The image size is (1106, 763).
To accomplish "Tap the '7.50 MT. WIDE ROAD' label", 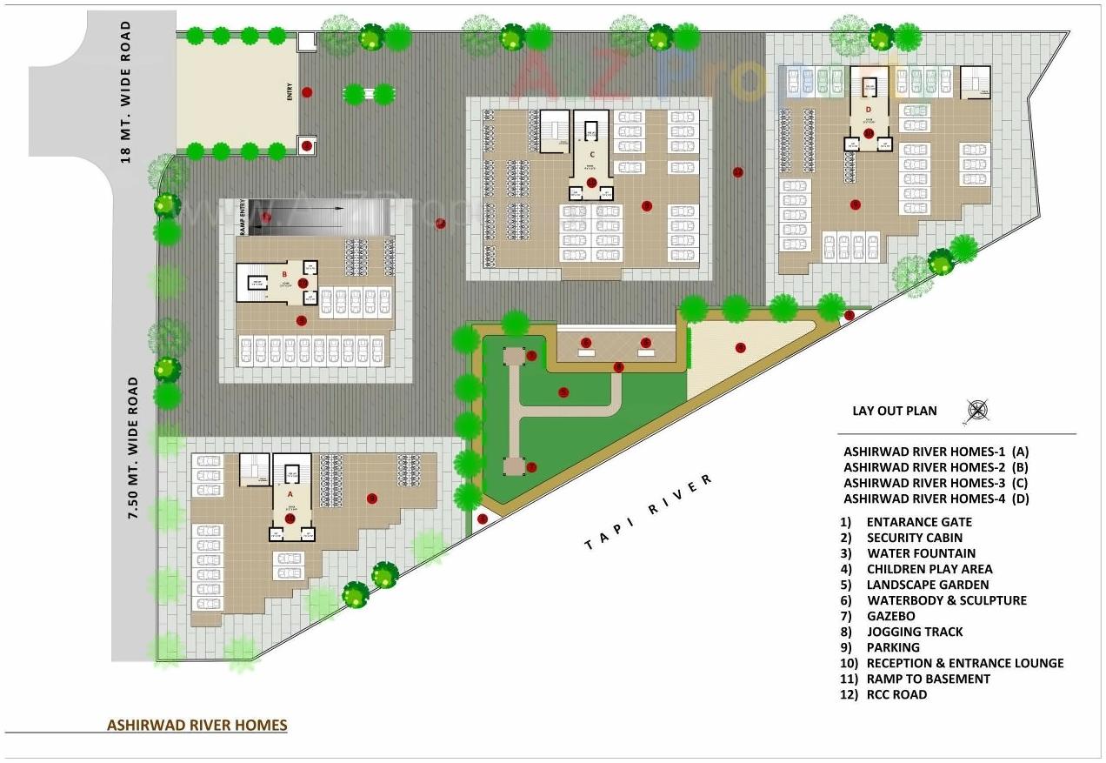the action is [x=134, y=448].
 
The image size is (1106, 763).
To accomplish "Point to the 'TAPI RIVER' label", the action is [x=650, y=512].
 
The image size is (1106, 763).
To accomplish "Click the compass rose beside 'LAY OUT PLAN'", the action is [x=977, y=411].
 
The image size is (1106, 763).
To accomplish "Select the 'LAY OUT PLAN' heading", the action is [x=895, y=411].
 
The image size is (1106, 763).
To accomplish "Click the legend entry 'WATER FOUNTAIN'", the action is [x=921, y=553].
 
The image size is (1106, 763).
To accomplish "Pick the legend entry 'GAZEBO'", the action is [x=890, y=616].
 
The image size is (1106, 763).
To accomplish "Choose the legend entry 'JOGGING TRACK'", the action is [x=915, y=632].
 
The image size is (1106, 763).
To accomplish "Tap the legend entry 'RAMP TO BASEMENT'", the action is [x=928, y=679].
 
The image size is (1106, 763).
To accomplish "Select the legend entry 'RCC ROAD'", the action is [x=896, y=694].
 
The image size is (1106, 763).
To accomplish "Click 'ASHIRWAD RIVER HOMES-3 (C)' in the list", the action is [x=936, y=483].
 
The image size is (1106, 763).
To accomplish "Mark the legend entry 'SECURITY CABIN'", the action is [x=915, y=538].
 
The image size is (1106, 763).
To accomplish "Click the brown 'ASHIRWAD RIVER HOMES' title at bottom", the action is [x=197, y=725].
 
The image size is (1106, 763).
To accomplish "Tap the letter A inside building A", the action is [x=290, y=493].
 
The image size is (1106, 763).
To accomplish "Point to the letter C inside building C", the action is [x=591, y=154].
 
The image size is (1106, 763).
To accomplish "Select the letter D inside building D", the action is [x=869, y=108].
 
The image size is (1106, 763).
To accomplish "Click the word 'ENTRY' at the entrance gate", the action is [x=290, y=91].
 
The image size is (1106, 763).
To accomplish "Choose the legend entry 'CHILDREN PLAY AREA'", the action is [x=929, y=569].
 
